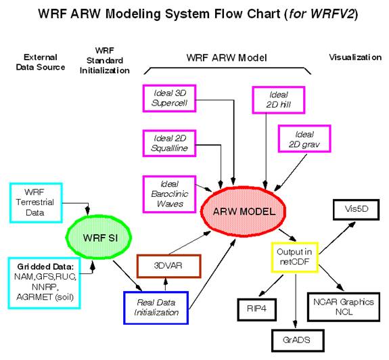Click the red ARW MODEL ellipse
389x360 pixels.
[x=243, y=212]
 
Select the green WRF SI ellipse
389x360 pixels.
[x=99, y=238]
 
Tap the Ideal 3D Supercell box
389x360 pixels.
[x=169, y=98]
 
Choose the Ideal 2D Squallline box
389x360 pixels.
[x=169, y=143]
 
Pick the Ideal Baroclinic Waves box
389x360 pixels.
[x=169, y=194]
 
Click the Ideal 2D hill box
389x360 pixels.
[x=279, y=99]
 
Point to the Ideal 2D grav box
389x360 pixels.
[x=304, y=139]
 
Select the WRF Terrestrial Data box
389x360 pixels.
[x=36, y=203]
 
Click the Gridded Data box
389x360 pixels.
[x=45, y=283]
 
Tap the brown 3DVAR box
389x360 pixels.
[x=168, y=266]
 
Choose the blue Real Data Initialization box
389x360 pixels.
[x=156, y=308]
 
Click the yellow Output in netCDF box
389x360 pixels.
[x=294, y=257]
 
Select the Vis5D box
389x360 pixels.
[x=357, y=209]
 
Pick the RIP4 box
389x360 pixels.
[x=257, y=309]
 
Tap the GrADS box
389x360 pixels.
[x=298, y=340]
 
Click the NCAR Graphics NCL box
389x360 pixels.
[x=344, y=307]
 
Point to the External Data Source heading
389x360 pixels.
[x=41, y=62]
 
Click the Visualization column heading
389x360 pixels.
[x=355, y=58]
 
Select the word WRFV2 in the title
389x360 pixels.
[x=333, y=14]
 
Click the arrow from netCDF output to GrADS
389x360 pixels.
[x=295, y=300]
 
